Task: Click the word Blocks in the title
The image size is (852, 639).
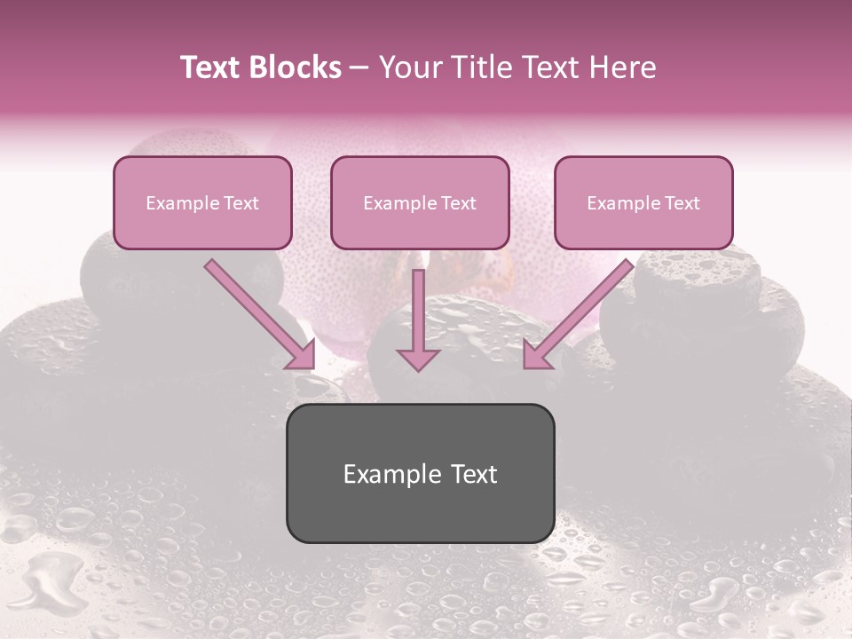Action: tap(294, 67)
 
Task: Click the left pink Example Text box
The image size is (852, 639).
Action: tap(202, 202)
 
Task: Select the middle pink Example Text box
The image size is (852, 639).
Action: tap(420, 202)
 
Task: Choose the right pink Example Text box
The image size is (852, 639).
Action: tap(643, 202)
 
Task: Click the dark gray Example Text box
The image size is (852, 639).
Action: tap(420, 473)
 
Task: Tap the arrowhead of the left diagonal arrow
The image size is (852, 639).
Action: tap(302, 356)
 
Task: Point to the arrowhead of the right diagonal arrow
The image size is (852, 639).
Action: tap(536, 356)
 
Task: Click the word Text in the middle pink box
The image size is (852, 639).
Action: tap(458, 203)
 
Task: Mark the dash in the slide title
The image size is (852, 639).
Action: tap(359, 67)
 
